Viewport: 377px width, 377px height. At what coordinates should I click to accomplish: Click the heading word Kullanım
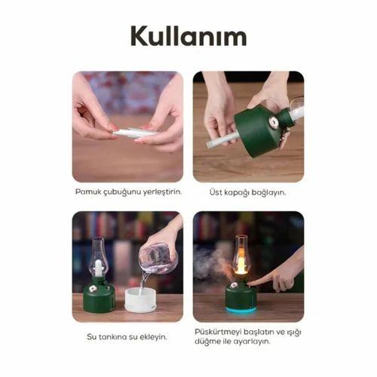pyautogui.click(x=188, y=35)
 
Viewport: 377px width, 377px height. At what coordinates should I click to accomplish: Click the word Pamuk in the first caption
pyautogui.click(x=87, y=192)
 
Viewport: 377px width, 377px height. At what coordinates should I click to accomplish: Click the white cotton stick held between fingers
pyautogui.click(x=135, y=133)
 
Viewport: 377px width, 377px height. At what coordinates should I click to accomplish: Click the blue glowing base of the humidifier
pyautogui.click(x=241, y=307)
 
